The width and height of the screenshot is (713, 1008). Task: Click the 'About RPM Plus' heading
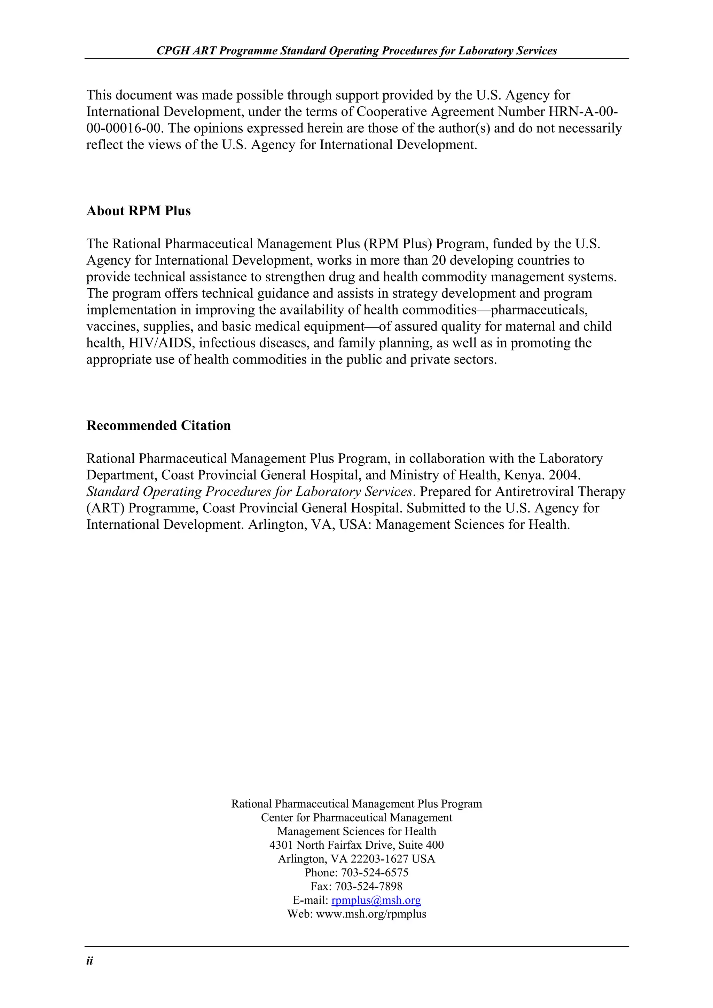[138, 211]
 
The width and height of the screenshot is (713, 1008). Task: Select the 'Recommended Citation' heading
[159, 426]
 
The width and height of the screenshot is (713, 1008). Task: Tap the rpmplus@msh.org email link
[376, 901]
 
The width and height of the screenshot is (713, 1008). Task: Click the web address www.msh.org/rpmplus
[371, 914]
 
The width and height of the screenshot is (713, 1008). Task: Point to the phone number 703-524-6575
[374, 872]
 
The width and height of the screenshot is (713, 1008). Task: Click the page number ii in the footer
[89, 961]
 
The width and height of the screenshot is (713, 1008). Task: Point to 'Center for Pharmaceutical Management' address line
[356, 817]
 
